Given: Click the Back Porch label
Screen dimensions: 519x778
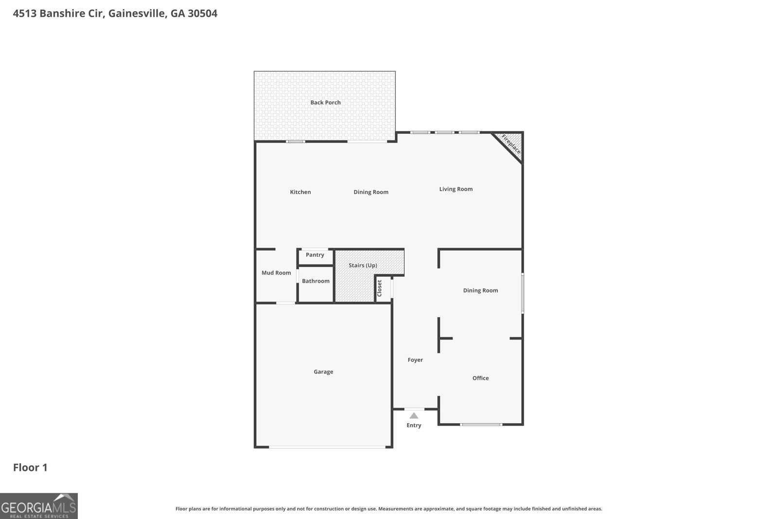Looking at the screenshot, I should coord(325,103).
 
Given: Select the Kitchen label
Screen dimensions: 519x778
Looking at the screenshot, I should coord(301,192).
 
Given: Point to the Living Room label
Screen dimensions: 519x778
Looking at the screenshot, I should coord(456,189).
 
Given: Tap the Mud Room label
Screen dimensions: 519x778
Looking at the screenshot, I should coord(276,273).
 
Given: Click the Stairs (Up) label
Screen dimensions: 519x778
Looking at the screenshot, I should coord(363,266).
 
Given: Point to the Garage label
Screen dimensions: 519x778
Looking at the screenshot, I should coord(323,372).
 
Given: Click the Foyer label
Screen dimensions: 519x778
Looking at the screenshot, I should coord(415,360).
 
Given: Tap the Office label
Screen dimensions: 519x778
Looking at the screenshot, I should coord(480,378).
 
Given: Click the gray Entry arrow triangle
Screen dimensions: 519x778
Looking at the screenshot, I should coord(414,416).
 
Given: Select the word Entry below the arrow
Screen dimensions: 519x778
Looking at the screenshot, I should coord(414,426).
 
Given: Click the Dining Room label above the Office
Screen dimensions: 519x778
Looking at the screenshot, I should coord(480,291).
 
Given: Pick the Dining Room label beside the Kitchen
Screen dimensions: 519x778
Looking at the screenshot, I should coord(371,192).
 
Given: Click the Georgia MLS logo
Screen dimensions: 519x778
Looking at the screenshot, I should coord(39,506).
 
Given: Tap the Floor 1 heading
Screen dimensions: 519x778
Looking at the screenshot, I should coord(30,468).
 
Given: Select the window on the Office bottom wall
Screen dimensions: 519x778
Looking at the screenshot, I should coord(481,425).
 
